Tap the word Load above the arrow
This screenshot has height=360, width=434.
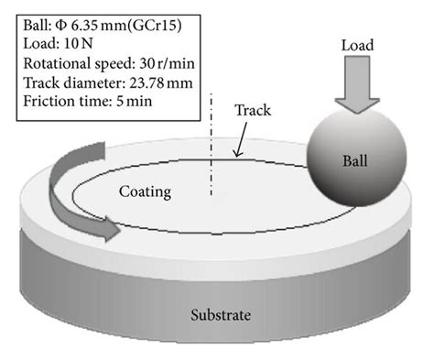(356, 44)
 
